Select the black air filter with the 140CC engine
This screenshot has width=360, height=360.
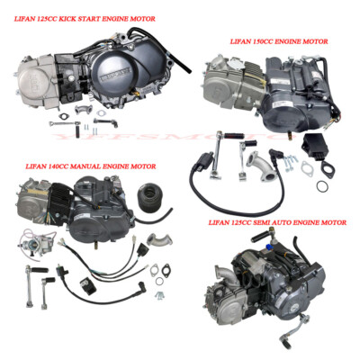(145, 197)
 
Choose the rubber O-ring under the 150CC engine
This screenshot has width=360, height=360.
(322, 186)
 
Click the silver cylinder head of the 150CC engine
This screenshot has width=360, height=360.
(225, 81)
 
